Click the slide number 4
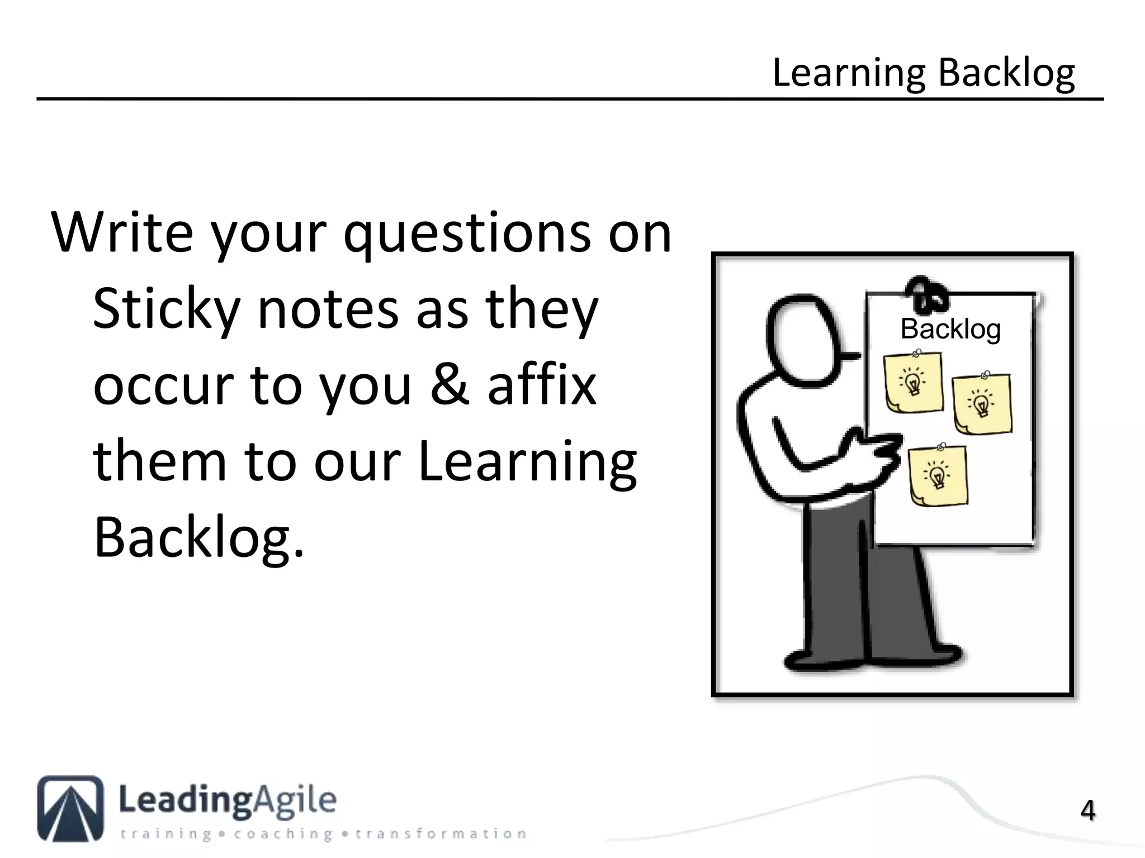coord(1087,811)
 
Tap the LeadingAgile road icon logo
coord(70,808)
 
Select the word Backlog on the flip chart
coord(950,329)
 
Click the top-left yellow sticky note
coord(914,383)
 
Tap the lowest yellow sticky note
coord(938,475)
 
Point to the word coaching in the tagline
coord(284,835)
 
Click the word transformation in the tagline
coord(441,835)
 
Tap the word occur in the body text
coord(162,385)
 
